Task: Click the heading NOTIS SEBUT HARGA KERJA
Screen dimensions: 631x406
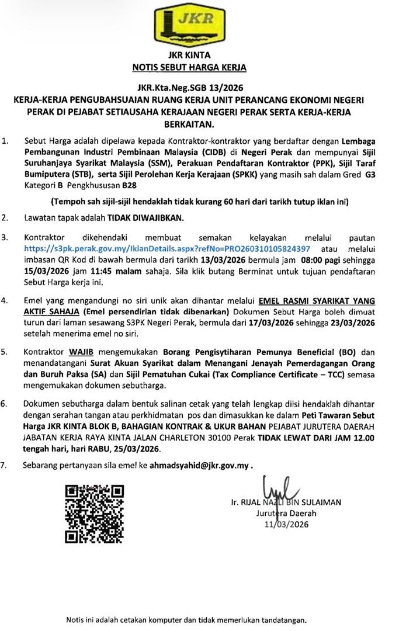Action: coord(203,67)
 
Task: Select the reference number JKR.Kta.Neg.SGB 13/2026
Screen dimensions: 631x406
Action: coord(203,88)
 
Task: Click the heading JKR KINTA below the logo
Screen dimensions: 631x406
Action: coord(203,57)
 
